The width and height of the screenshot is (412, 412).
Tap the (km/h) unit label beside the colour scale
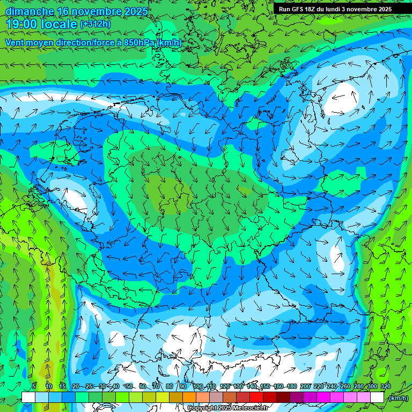coord(398,398)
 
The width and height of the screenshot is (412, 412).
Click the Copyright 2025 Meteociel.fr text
coord(227,408)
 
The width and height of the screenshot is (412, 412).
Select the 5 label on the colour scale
coord(34,387)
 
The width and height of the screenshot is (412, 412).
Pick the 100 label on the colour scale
coord(198,387)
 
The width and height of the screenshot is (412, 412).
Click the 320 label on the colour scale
coord(385,387)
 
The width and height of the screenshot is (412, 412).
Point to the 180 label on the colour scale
coord(291,387)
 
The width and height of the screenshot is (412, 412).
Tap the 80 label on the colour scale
coord(170,387)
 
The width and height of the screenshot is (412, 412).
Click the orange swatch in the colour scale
coord(189,397)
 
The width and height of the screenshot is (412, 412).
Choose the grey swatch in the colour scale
coord(216,397)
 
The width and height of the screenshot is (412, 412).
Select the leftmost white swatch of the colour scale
coord(28,397)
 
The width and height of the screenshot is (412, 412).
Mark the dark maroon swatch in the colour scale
coord(283,397)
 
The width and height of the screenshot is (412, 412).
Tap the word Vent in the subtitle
coord(16,42)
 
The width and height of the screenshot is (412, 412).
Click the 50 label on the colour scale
coord(129,387)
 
